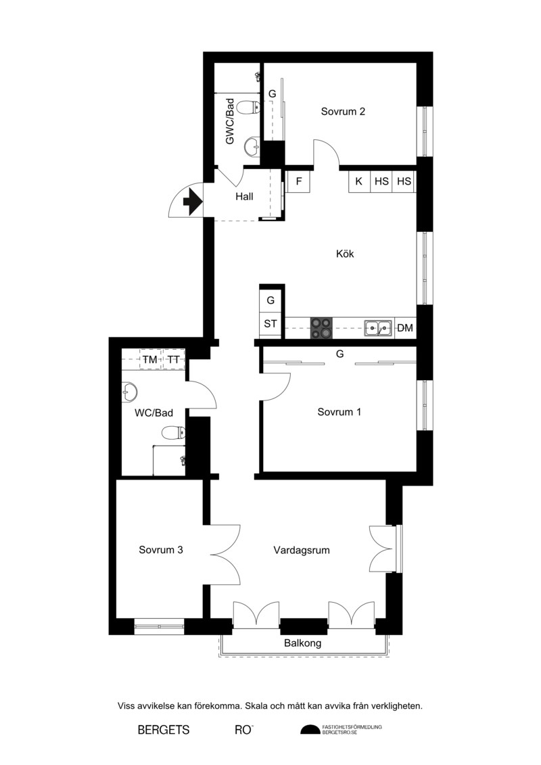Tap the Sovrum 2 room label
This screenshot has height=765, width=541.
[x=343, y=111]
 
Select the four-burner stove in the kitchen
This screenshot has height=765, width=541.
[x=322, y=328]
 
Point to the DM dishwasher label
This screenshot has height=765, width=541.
[x=405, y=328]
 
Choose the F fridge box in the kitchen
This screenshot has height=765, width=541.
[x=298, y=181]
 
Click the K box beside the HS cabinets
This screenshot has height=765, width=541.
[x=359, y=181]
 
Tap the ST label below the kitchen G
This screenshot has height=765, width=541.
[x=270, y=323]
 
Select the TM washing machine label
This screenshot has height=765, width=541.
[x=149, y=360]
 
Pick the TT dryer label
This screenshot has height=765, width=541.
[x=173, y=360]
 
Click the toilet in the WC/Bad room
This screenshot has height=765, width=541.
[x=173, y=432]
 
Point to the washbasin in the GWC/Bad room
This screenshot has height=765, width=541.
[x=252, y=146]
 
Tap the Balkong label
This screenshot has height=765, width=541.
[x=302, y=643]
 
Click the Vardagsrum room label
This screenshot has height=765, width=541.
[x=302, y=551]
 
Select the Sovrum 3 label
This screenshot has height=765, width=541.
[x=161, y=550]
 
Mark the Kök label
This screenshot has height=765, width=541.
[x=345, y=254]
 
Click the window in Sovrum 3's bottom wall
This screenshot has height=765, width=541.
[x=159, y=626]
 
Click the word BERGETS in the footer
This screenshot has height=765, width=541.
[x=164, y=730]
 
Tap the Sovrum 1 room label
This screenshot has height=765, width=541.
[x=339, y=412]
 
